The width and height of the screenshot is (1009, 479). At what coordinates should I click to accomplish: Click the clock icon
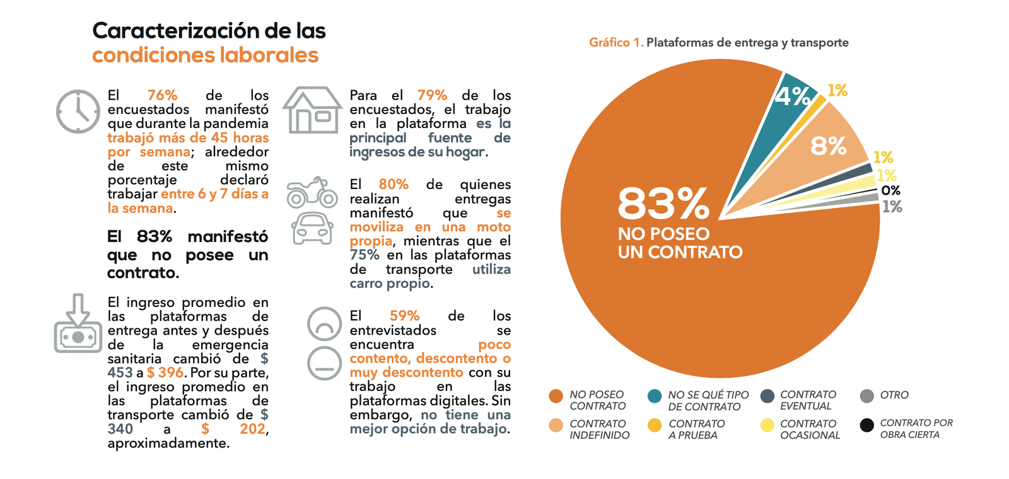pos(78,112)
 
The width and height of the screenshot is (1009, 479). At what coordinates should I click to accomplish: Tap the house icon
pos(312,110)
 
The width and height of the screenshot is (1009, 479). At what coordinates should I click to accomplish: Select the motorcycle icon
pos(312,193)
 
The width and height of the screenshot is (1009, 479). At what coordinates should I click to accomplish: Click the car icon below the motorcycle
pos(312,228)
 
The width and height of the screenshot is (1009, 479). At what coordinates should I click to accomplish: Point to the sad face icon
pos(324,324)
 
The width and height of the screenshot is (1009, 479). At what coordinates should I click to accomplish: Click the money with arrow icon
pos(78,325)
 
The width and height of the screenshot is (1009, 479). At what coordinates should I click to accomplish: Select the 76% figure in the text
pos(162,95)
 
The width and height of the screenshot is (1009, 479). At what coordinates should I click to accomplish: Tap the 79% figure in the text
pos(432,95)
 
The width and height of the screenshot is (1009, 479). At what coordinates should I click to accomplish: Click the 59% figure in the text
pos(404,316)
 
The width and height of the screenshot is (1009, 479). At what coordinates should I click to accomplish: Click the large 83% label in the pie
pos(663,204)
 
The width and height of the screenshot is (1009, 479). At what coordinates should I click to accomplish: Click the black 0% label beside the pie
pos(890,190)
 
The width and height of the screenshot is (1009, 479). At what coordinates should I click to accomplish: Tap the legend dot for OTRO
pos(867,396)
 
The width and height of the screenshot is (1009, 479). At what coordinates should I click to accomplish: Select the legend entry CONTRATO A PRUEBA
pos(696,429)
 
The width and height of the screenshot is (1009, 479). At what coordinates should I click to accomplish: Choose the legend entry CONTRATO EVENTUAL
pos(807,400)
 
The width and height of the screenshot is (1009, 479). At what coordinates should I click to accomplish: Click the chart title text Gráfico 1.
pos(615,42)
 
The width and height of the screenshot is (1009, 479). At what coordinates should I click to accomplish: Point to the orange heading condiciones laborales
pos(205,55)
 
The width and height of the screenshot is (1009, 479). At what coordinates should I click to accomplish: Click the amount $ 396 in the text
pos(165,372)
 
